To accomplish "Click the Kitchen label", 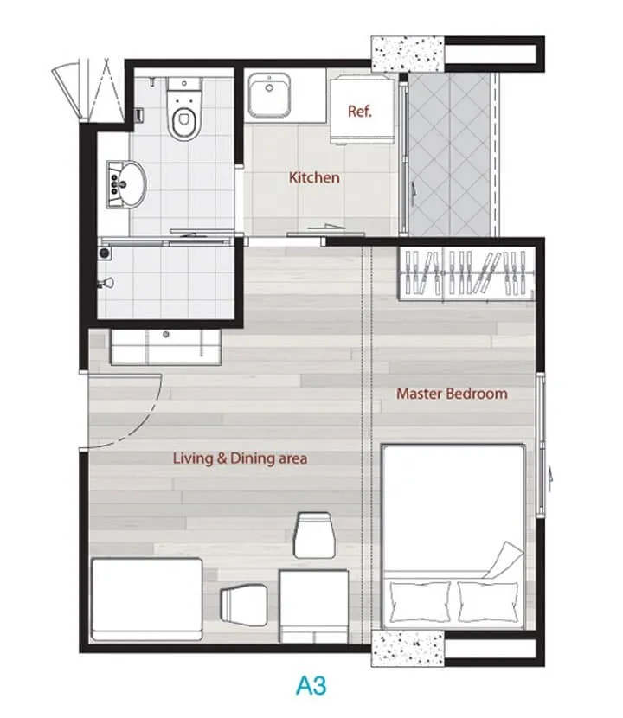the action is click(314, 177).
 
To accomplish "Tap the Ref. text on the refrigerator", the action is click(360, 112).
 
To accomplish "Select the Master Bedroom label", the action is click(452, 394).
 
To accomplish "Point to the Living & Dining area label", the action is click(240, 458).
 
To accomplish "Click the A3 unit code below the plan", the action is click(311, 685).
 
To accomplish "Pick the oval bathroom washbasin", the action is click(126, 184).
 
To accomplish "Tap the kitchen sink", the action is click(269, 95).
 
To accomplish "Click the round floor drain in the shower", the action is click(105, 253).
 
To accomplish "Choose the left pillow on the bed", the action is click(420, 601).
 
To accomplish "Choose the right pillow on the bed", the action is click(488, 601).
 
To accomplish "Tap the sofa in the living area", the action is click(147, 599).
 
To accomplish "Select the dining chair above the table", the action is click(314, 535).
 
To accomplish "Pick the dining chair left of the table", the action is click(244, 606).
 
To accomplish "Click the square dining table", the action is click(314, 606).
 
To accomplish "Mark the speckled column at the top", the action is click(408, 54).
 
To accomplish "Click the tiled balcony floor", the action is click(450, 155).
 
